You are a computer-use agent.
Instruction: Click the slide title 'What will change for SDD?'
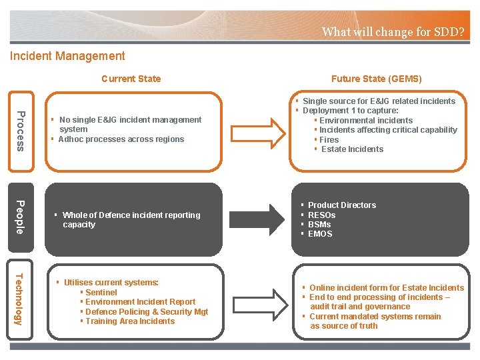[393, 31]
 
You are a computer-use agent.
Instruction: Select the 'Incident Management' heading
[67, 57]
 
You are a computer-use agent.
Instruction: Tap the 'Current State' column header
[131, 79]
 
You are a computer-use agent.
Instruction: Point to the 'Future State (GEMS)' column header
[376, 79]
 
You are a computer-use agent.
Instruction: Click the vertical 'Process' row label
[21, 130]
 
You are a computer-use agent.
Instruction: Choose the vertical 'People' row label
[21, 217]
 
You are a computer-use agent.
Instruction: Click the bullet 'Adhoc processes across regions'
[121, 139]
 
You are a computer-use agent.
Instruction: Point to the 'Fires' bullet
[329, 140]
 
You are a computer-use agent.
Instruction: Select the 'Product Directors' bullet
[341, 205]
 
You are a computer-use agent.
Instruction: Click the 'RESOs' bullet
[321, 215]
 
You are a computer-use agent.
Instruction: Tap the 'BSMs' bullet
[319, 225]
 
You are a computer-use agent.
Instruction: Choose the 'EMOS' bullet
[320, 234]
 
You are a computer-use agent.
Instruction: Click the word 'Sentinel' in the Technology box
[101, 293]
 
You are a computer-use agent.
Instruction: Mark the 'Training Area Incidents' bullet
[130, 321]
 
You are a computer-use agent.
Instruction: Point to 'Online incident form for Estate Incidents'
[386, 288]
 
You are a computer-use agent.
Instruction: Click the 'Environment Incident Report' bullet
[140, 302]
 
